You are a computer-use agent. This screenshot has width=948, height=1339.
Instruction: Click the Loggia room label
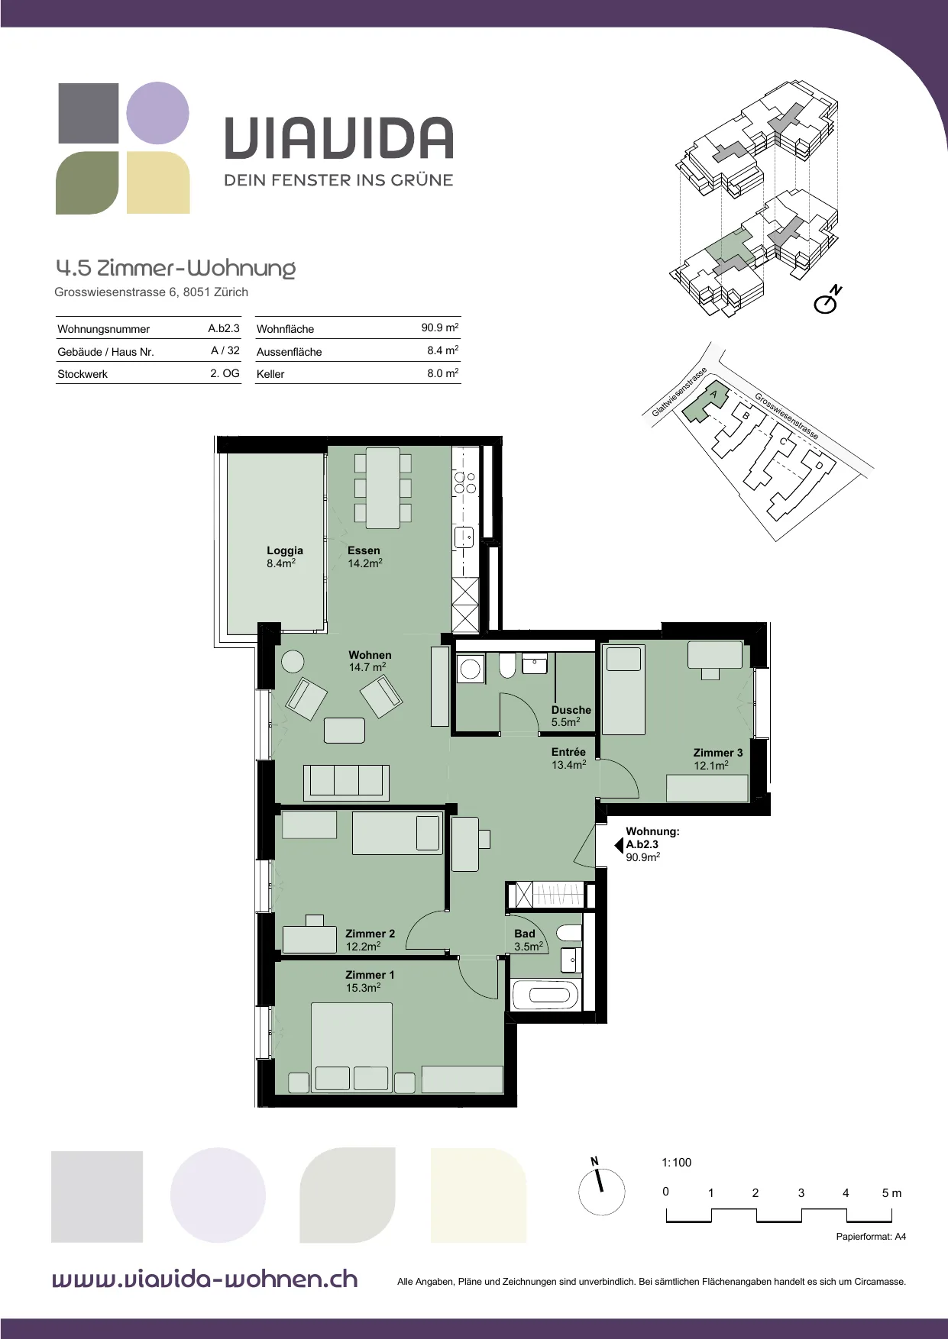pos(285,557)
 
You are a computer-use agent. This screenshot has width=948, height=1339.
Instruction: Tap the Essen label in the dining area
pos(365,557)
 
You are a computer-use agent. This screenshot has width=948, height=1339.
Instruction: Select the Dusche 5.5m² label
pos(571,715)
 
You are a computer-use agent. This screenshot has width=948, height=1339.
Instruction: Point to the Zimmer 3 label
pos(718,759)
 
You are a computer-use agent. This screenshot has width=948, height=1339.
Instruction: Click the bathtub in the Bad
pos(545,995)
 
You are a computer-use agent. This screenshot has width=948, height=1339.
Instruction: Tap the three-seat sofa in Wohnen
pos(346,782)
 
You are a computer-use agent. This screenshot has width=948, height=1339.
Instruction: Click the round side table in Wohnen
pos(293,661)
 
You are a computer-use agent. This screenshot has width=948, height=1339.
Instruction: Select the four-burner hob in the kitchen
pos(465,482)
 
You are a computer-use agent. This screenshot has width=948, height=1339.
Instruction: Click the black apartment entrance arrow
pos(619,845)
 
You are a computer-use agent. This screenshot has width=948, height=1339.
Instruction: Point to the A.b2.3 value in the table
pos(224,328)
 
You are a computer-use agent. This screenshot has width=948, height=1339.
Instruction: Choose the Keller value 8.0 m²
pos(443,373)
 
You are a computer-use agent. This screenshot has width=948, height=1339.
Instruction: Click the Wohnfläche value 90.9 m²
pos(440,327)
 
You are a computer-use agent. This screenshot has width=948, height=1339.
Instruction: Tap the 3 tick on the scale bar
pos(801,1193)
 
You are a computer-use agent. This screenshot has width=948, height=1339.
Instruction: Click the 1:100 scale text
pos(676,1163)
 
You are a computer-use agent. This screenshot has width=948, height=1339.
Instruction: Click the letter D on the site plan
pos(819,465)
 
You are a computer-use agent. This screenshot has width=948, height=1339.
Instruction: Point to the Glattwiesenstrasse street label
pos(679,392)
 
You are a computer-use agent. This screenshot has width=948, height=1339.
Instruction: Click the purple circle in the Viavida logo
pos(157,113)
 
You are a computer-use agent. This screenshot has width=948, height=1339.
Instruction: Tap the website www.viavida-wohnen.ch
pos(205,1279)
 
